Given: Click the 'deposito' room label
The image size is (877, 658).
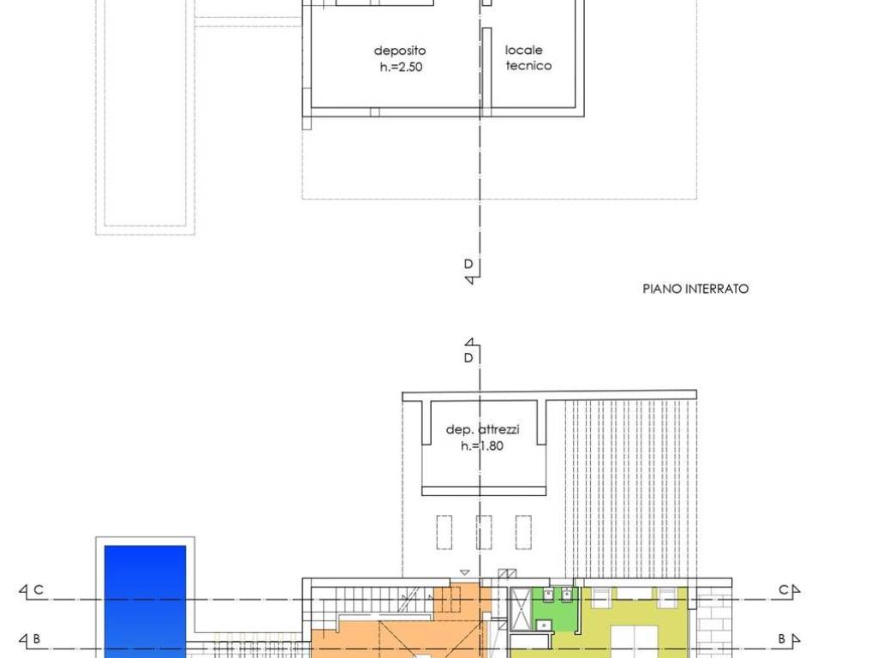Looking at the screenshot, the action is click(x=400, y=51).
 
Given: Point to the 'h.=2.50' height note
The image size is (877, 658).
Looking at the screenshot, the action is click(x=401, y=67).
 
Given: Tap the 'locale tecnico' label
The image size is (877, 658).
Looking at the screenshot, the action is click(x=528, y=57).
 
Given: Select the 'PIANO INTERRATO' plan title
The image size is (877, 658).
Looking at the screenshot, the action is click(x=695, y=289).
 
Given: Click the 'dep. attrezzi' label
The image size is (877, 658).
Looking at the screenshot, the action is click(x=483, y=429).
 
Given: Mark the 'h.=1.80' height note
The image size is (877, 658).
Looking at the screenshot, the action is click(x=482, y=446).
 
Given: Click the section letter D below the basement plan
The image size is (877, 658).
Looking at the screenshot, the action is click(x=468, y=264).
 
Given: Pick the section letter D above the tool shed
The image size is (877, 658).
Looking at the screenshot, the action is click(x=468, y=357).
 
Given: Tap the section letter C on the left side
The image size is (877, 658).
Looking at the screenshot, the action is click(x=39, y=589).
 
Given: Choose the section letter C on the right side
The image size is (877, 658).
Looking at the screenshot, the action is click(x=784, y=589).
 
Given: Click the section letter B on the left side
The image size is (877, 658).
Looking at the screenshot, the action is click(x=37, y=638).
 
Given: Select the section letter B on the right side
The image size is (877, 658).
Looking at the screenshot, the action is click(x=783, y=638).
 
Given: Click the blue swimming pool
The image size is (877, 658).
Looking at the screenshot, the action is click(x=146, y=601).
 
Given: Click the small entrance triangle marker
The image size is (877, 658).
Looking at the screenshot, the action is click(x=465, y=572).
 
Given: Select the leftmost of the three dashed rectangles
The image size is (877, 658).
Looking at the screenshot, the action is click(x=444, y=533).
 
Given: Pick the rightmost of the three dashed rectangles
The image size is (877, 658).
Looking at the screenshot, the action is click(x=523, y=533).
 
